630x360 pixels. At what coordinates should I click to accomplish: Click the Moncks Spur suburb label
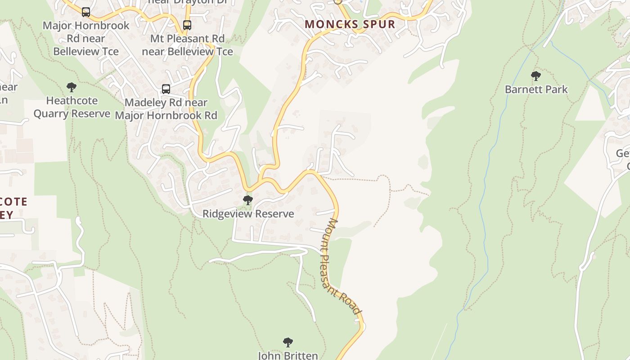350,24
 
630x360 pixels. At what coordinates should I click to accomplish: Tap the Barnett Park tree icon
535,76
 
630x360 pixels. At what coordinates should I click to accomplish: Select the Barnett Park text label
536,90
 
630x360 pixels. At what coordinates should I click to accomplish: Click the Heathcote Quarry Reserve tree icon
72,87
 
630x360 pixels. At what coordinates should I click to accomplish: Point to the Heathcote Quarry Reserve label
72,107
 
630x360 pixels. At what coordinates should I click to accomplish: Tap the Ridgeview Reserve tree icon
247,200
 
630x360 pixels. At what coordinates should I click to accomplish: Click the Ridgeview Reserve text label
248,214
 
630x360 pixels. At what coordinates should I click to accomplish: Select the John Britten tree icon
288,342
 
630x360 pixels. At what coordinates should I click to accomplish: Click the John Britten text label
288,355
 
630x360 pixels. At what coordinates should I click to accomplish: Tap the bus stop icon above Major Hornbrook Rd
86,12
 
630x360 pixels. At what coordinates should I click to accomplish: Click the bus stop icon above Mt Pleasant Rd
187,25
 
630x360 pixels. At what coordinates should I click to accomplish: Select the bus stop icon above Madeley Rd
166,89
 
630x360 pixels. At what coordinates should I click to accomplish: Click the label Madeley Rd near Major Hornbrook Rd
166,109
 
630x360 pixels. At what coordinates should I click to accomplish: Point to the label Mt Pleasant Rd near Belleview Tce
187,45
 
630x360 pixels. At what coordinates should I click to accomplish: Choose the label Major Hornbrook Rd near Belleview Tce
86,38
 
